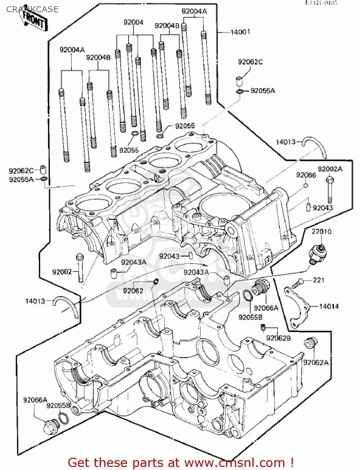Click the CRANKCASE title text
coord(32,9)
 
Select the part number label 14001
coord(240,32)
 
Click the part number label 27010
coord(321,232)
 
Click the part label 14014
coord(329,306)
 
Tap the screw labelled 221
coord(297,284)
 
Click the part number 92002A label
coord(330,169)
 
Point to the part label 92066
coord(306,175)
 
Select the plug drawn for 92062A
coord(311,343)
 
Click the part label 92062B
coord(278,338)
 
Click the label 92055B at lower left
coord(58,406)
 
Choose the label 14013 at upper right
coord(285,142)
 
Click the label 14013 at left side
coord(35,301)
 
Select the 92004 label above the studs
coord(133,22)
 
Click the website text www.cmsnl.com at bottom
coord(235,462)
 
